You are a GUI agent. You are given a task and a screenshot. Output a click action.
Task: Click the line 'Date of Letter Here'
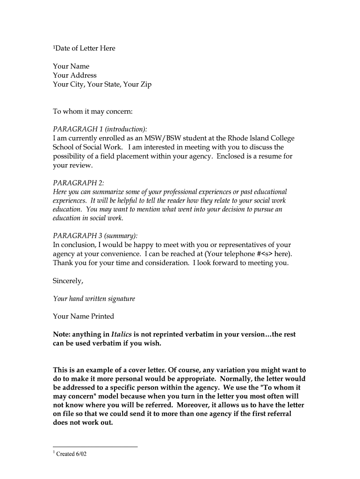pyautogui.click(x=85, y=48)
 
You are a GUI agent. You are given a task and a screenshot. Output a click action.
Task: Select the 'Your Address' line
pyautogui.click(x=75, y=75)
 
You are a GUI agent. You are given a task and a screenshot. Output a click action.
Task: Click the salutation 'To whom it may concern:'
pyautogui.click(x=93, y=112)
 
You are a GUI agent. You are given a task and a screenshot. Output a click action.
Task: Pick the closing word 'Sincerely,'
pyautogui.click(x=68, y=281)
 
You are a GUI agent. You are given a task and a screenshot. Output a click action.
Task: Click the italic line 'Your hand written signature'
pyautogui.click(x=94, y=298)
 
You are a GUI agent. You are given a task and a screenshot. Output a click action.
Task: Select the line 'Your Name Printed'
pyautogui.click(x=84, y=316)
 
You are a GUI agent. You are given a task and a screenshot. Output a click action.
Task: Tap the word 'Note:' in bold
pyautogui.click(x=62, y=334)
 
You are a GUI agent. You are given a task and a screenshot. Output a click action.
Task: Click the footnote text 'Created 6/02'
pyautogui.click(x=72, y=454)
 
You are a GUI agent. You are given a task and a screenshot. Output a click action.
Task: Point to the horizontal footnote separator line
pyautogui.click(x=95, y=446)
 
